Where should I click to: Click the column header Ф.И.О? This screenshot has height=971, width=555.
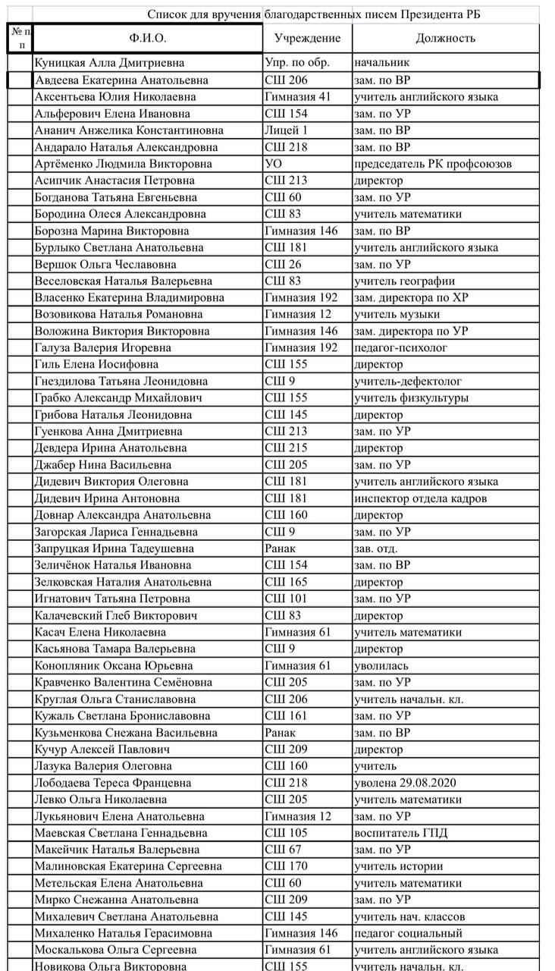[x=148, y=38]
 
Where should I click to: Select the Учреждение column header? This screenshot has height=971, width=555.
[x=307, y=38]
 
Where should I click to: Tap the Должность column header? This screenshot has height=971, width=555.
[x=445, y=38]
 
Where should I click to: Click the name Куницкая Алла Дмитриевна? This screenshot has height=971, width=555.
[x=109, y=63]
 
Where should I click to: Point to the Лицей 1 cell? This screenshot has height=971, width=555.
[x=287, y=130]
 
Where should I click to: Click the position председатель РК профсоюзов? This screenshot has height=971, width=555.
[x=433, y=164]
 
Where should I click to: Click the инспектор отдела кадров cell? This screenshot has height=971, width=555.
[x=420, y=498]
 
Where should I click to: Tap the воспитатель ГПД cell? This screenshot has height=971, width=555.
[x=400, y=833]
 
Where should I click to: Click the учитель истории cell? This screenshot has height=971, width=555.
[x=398, y=866]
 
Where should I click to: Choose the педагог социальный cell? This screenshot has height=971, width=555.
[x=408, y=933]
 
